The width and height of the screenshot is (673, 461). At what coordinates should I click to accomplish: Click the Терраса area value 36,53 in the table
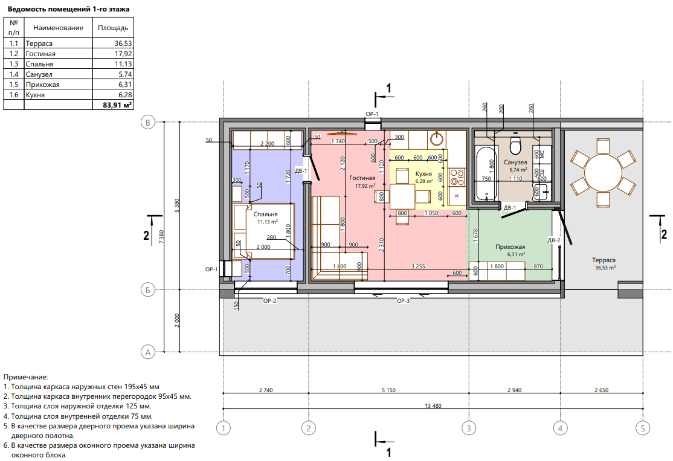(x=123, y=44)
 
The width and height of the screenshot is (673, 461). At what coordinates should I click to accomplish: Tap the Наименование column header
(x=59, y=28)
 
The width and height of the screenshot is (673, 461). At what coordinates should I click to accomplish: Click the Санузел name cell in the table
(x=39, y=74)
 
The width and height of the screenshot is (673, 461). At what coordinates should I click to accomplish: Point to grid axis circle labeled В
(x=148, y=122)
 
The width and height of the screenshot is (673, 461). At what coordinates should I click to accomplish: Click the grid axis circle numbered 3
(x=469, y=428)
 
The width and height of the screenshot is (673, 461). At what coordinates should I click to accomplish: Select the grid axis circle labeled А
(x=148, y=352)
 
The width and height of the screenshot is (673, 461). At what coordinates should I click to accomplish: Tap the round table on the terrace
(x=603, y=173)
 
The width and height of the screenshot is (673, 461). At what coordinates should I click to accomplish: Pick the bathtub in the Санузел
(x=486, y=173)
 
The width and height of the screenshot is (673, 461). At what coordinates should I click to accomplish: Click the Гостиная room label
(x=362, y=178)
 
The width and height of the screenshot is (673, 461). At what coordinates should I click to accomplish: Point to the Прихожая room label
(x=510, y=247)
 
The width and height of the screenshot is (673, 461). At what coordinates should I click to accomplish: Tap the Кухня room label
(x=423, y=174)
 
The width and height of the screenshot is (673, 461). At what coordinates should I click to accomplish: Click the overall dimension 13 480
(x=433, y=405)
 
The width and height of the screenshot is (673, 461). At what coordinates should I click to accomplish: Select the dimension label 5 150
(x=388, y=390)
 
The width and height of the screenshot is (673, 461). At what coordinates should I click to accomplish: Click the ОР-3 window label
(x=403, y=301)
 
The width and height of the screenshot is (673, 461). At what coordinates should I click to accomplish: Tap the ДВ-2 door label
(x=553, y=240)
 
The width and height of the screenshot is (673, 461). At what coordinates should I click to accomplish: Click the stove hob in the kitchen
(x=457, y=177)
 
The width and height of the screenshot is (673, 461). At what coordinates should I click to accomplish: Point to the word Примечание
(x=26, y=377)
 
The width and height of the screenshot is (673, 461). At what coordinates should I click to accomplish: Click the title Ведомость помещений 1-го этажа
(x=68, y=9)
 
